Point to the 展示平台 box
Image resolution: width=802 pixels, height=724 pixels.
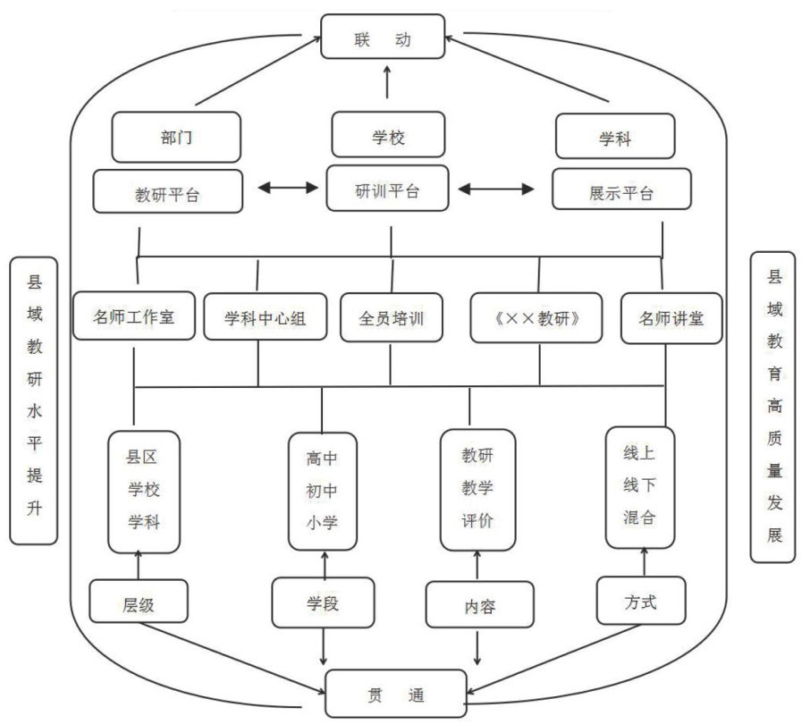(x=609, y=189)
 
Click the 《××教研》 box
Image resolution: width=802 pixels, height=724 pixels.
(x=537, y=318)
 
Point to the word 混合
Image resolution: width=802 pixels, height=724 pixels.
(x=639, y=516)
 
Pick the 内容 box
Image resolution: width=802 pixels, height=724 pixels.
(x=479, y=605)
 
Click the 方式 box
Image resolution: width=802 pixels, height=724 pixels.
(x=641, y=601)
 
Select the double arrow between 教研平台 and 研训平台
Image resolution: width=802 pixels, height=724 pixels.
(x=288, y=188)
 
